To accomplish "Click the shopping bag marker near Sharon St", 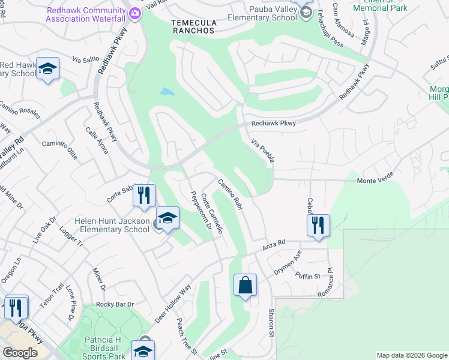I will [246, 285].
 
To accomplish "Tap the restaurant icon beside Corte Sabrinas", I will [145, 196].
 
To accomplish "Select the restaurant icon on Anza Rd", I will [318, 226].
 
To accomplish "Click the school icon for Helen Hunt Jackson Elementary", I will [168, 218].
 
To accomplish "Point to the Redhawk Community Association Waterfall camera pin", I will [135, 13].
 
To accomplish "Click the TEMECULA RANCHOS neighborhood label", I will [193, 25].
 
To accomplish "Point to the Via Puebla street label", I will [262, 149].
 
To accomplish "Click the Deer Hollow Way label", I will [172, 305].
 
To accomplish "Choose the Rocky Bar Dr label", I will [114, 304].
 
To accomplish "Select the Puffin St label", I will [308, 275].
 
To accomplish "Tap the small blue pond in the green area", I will [167, 92].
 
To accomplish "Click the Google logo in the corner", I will [20, 353].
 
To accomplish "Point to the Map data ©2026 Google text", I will [411, 355].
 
